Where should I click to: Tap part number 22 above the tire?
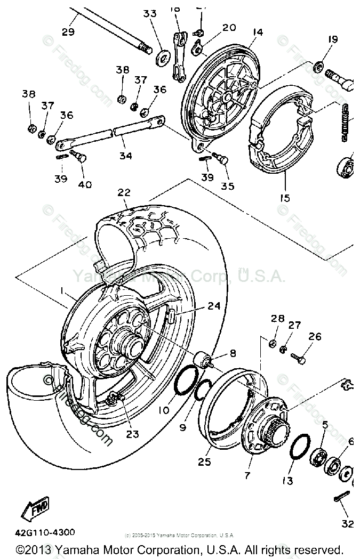click(124, 192)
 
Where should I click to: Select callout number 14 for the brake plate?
click(258, 33)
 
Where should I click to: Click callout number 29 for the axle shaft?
click(68, 31)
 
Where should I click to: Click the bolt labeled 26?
click(301, 360)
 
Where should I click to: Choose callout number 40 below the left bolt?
click(84, 185)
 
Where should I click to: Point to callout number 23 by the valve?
click(132, 434)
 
